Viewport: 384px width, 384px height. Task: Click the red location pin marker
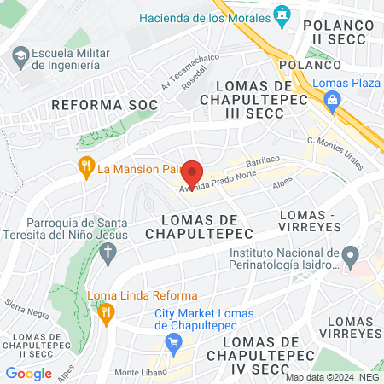pyautogui.click(x=192, y=172)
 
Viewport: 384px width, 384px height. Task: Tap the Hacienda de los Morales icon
pyautogui.click(x=282, y=15)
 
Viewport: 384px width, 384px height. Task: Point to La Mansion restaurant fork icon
pyautogui.click(x=85, y=167)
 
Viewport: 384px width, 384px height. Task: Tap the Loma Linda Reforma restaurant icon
pyautogui.click(x=106, y=312)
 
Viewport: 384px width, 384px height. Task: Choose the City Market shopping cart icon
pyautogui.click(x=173, y=342)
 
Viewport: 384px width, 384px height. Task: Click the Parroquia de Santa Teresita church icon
pyautogui.click(x=107, y=252)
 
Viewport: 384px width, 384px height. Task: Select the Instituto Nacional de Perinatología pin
pyautogui.click(x=349, y=255)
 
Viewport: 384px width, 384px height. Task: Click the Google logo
pyautogui.click(x=28, y=373)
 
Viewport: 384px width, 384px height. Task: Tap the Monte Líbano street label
pyautogui.click(x=139, y=372)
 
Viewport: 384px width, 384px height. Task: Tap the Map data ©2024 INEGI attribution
pyautogui.click(x=333, y=377)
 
